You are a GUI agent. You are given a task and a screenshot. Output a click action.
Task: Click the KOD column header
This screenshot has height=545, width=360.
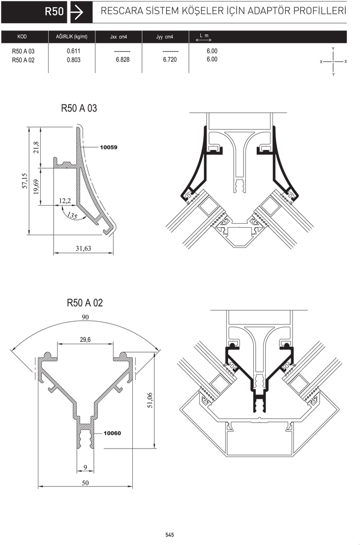click(22, 36)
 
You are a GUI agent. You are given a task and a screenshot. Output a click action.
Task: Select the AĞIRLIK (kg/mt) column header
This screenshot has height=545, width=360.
click(72, 36)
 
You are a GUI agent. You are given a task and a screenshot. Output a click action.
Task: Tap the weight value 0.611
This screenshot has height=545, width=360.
click(73, 51)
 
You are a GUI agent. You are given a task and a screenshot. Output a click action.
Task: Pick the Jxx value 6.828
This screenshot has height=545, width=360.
click(122, 60)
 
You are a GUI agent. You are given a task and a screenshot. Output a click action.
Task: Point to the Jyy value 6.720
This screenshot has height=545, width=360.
click(170, 60)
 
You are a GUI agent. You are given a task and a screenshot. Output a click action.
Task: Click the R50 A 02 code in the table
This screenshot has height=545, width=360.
click(23, 60)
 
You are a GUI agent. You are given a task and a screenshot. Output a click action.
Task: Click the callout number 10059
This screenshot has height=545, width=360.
click(109, 148)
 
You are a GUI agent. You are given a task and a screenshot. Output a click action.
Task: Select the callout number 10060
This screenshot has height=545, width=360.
click(112, 433)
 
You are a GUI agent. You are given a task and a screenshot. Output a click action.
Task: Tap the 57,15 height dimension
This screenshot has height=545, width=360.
click(25, 181)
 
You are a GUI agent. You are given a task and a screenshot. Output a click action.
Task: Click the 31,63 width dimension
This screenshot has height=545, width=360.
click(84, 248)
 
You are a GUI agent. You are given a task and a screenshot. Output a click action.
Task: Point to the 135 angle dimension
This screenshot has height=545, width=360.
click(72, 215)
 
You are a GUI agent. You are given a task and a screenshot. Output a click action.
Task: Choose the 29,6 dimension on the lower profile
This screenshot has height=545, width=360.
click(85, 339)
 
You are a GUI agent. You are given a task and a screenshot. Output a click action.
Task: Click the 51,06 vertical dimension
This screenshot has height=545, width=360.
click(150, 400)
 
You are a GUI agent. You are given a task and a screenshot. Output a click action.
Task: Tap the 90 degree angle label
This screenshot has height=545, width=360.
click(85, 317)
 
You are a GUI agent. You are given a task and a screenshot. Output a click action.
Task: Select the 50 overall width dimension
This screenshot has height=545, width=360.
click(85, 483)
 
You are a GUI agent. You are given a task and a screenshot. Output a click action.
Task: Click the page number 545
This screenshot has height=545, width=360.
click(170, 535)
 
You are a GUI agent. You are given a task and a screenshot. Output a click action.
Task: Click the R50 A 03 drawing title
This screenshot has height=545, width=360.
click(79, 108)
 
